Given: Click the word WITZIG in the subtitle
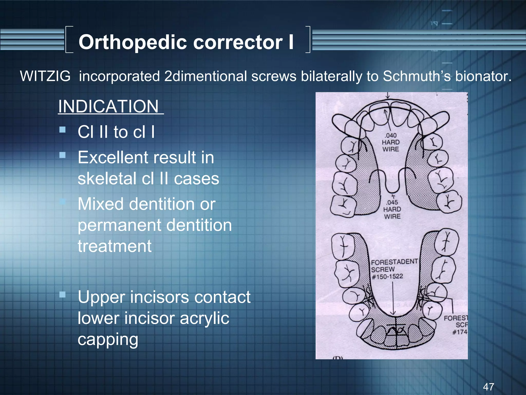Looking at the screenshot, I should click(45, 76).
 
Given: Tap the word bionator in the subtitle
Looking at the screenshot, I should click(483, 76).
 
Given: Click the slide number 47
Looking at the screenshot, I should click(489, 387).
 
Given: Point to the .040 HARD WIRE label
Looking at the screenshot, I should click(391, 142).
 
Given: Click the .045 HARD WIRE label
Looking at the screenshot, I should click(392, 209).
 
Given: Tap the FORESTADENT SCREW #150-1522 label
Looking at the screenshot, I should click(393, 269).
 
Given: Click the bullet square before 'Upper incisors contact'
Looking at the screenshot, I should click(62, 294).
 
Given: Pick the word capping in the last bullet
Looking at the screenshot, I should click(108, 339).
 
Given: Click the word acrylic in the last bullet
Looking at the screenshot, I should click(204, 318).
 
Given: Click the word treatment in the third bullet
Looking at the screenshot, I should click(115, 246).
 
